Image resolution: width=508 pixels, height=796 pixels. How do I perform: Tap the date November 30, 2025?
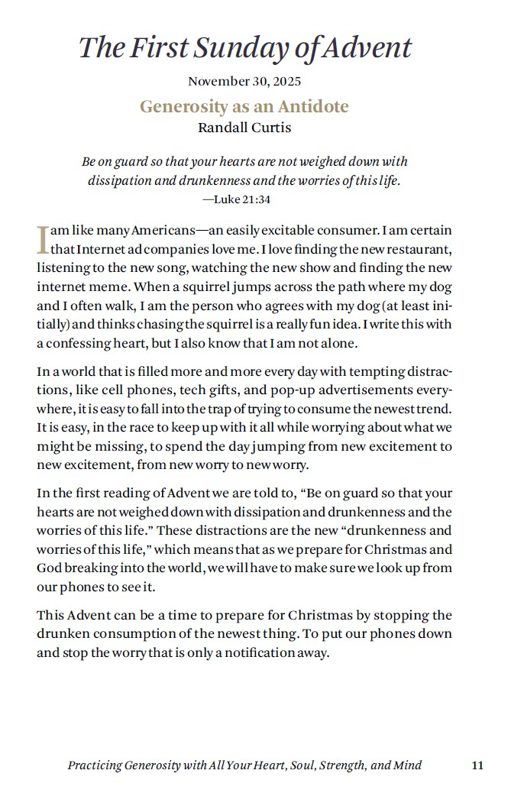pyautogui.click(x=244, y=82)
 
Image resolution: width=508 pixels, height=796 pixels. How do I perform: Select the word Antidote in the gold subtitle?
pyautogui.click(x=312, y=106)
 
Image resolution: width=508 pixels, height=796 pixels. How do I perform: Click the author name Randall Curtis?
pyautogui.click(x=244, y=128)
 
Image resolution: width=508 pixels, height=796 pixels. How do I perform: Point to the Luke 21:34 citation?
pyautogui.click(x=236, y=199)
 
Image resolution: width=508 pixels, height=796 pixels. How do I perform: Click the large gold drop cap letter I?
pyautogui.click(x=43, y=239)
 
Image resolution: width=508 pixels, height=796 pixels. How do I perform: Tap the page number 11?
pyautogui.click(x=477, y=765)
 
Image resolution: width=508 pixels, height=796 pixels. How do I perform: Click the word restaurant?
pyautogui.click(x=416, y=249)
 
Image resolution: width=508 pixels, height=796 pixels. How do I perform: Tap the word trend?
pyautogui.click(x=434, y=408)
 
